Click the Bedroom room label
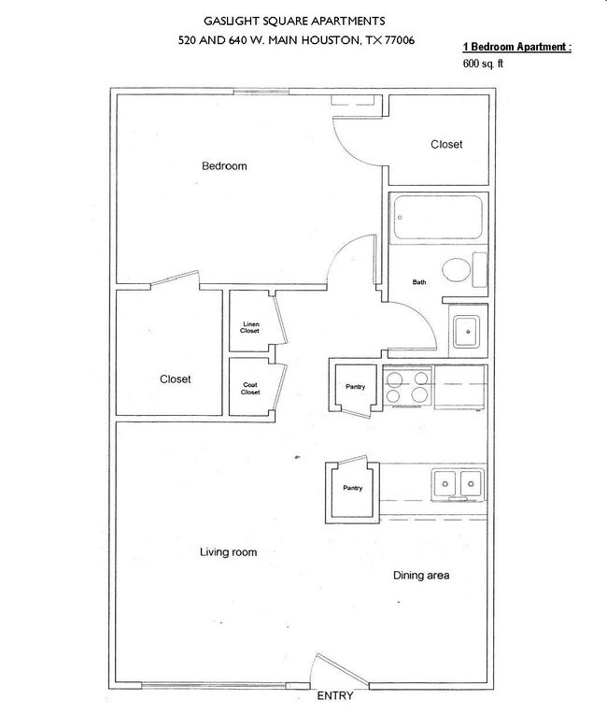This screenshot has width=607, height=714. pos(224,166)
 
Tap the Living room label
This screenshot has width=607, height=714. pos(228,552)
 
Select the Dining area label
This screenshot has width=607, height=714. pos(420,576)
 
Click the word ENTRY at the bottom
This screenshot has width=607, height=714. pos(334,697)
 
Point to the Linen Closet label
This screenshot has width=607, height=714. pos(250,327)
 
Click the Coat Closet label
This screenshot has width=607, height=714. pos(250,388)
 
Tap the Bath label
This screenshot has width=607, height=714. pos(419,281)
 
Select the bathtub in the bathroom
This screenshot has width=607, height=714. pos(437,219)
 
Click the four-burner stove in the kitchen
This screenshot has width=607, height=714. pos(408,388)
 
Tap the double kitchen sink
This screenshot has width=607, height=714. pos(458,483)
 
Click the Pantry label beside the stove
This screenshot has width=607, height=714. pos(355,387)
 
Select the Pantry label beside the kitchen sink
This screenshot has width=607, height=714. pos(352,488)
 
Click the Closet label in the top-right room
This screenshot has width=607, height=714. pos(446,145)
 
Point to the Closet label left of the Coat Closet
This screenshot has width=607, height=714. pos(175,379)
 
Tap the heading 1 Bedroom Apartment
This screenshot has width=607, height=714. pos(515,46)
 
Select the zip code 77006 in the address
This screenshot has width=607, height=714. pos(395,40)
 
